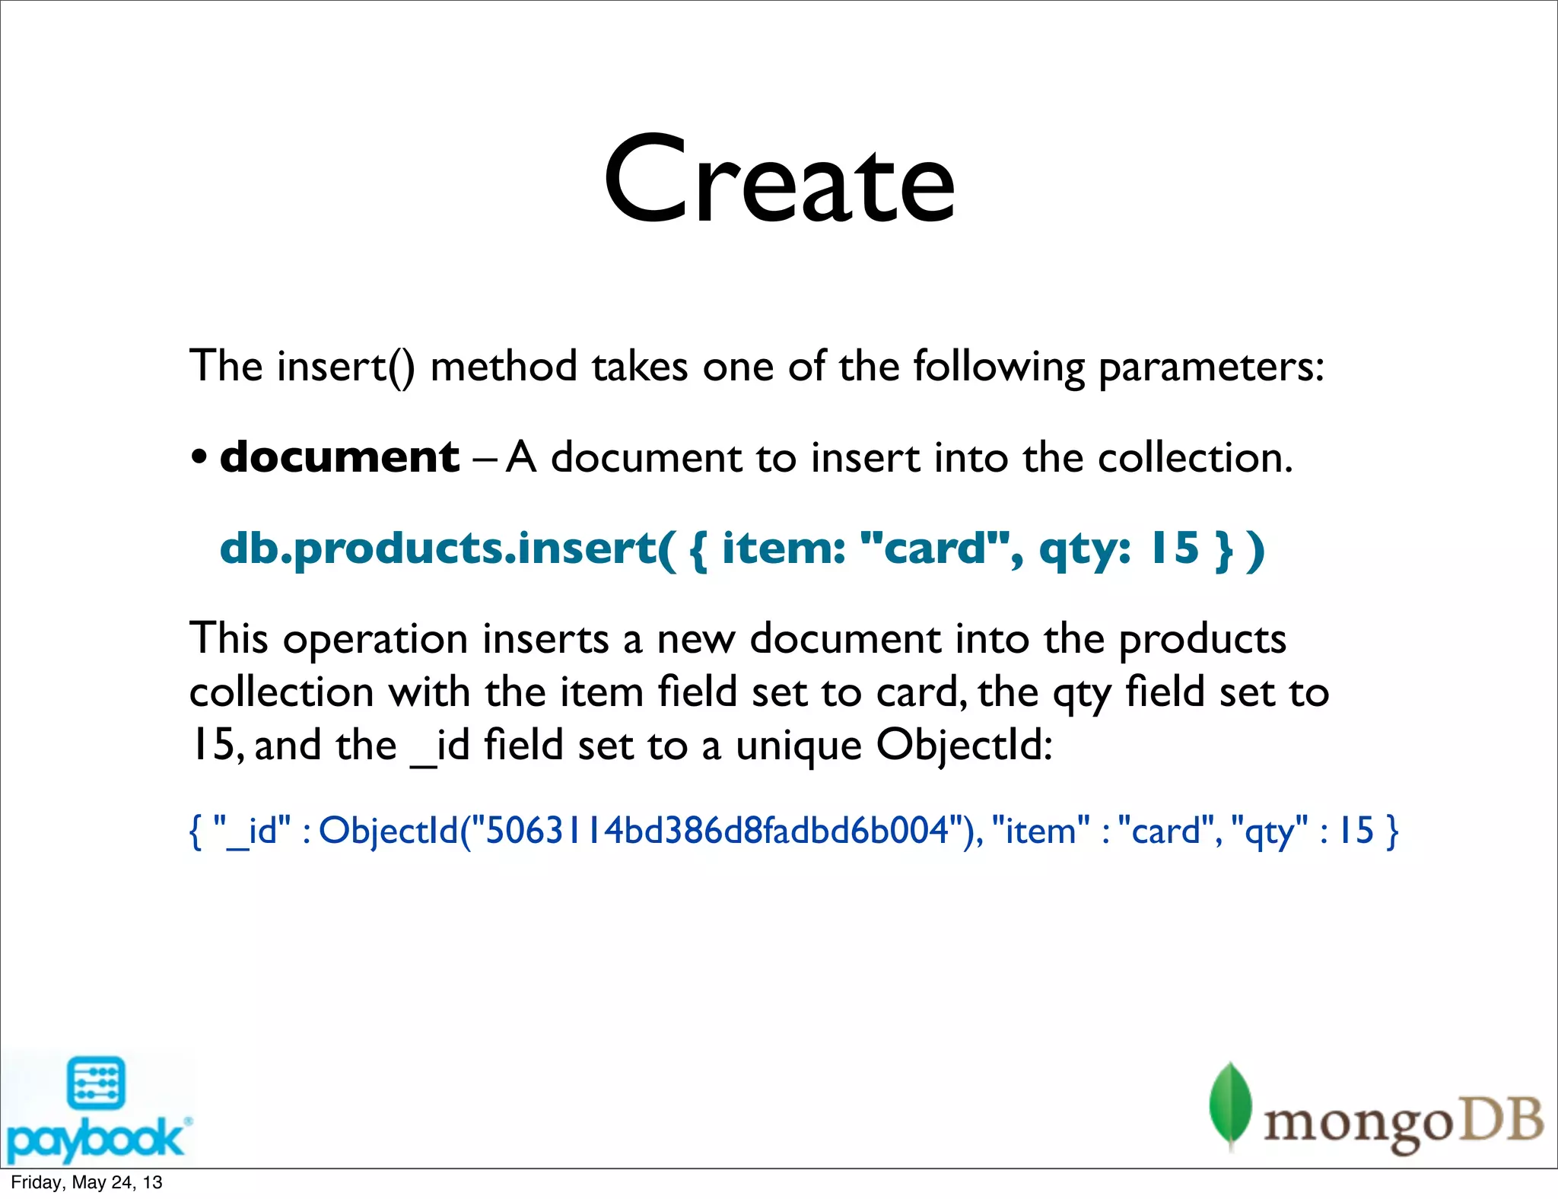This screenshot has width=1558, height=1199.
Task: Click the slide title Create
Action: pyautogui.click(x=779, y=181)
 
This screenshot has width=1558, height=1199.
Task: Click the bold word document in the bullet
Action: pyautogui.click(x=339, y=457)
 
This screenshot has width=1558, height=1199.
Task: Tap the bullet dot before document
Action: pyautogui.click(x=199, y=459)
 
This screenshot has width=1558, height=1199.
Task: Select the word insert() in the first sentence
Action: pyautogui.click(x=346, y=367)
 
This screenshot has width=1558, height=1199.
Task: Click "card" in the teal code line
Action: pyautogui.click(x=940, y=548)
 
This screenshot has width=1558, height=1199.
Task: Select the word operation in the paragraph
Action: pyautogui.click(x=375, y=640)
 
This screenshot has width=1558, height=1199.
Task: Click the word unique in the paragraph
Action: pyautogui.click(x=798, y=746)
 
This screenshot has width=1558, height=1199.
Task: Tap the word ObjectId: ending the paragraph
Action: pyautogui.click(x=965, y=746)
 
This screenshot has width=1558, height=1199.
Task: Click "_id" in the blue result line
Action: pyautogui.click(x=252, y=831)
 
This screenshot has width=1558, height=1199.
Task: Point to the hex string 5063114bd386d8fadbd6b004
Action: pyautogui.click(x=717, y=831)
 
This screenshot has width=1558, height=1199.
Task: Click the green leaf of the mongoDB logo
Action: pyautogui.click(x=1230, y=1105)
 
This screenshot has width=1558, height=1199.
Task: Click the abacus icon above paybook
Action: pyautogui.click(x=96, y=1083)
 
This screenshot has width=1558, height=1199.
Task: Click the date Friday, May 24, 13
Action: pyautogui.click(x=87, y=1182)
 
